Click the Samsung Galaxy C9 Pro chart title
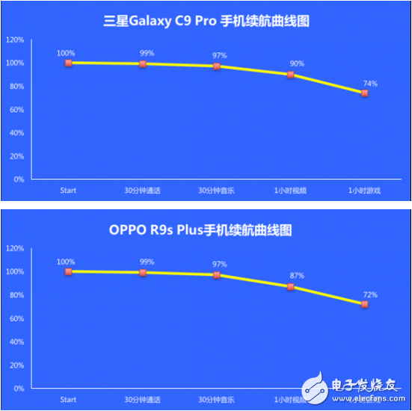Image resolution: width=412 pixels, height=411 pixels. coord(206,21)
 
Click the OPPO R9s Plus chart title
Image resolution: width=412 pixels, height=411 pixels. coord(206,229)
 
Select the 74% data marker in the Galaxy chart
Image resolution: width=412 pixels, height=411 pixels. coord(364,93)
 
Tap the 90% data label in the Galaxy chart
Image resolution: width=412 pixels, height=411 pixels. coord(297,64)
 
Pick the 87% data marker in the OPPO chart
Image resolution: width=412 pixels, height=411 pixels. coord(291,286)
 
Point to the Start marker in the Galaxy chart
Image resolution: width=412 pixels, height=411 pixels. coord(68,63)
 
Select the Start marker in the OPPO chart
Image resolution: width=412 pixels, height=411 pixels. coord(68,271)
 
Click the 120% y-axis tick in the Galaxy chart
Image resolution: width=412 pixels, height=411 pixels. coord(15,40)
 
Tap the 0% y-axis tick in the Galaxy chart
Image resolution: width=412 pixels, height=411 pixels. coord(19,179)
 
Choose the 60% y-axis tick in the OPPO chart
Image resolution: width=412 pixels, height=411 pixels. coord(16,318)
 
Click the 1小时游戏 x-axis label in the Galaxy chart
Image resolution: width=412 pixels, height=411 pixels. coord(364,191)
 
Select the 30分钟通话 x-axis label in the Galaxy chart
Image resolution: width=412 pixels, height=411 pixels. coord(142,191)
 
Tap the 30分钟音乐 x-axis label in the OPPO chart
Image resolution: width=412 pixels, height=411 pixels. coord(216,399)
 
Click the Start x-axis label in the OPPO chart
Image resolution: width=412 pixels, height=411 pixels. coord(68,399)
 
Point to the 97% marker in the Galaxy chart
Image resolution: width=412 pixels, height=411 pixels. coord(216,67)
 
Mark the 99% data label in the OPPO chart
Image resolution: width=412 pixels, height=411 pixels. coord(147,262)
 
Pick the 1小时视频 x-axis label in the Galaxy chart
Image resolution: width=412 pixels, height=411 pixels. coord(290,191)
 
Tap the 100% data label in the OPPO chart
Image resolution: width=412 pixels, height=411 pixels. coord(66,262)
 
